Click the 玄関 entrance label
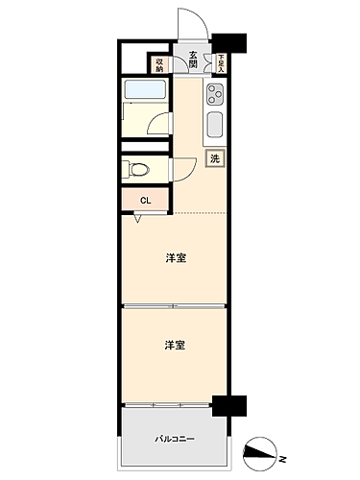coord(194,60)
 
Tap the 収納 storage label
coord(159,64)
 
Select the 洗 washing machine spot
coord(216,157)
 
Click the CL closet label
coord(145,200)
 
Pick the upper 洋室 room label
coord(174,256)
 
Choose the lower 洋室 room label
coord(174,345)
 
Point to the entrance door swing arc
coord(184,24)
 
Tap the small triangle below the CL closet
coord(139,218)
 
